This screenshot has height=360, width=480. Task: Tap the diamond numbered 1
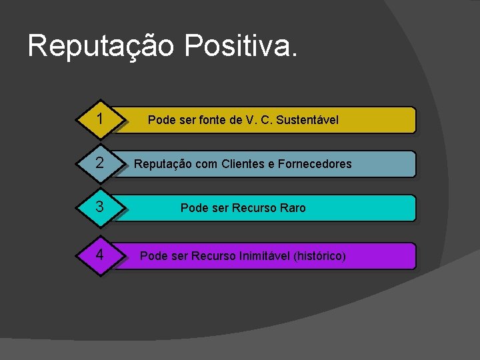pos(99,119)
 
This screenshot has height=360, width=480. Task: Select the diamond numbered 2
pos(99,163)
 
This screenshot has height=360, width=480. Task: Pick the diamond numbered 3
pos(99,207)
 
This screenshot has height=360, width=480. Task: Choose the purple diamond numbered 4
pos(99,255)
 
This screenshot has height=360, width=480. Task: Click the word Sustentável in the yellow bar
pos(307,120)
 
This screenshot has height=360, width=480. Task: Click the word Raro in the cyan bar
pos(293,208)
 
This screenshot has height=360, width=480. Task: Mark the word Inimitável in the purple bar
pos(264,256)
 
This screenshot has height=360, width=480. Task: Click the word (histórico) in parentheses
pos(319,256)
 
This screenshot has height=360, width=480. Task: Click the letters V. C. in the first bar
pos(258,120)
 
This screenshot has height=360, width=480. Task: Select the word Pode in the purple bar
pos(153,256)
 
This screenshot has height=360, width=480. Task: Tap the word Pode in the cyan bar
pos(194,208)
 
